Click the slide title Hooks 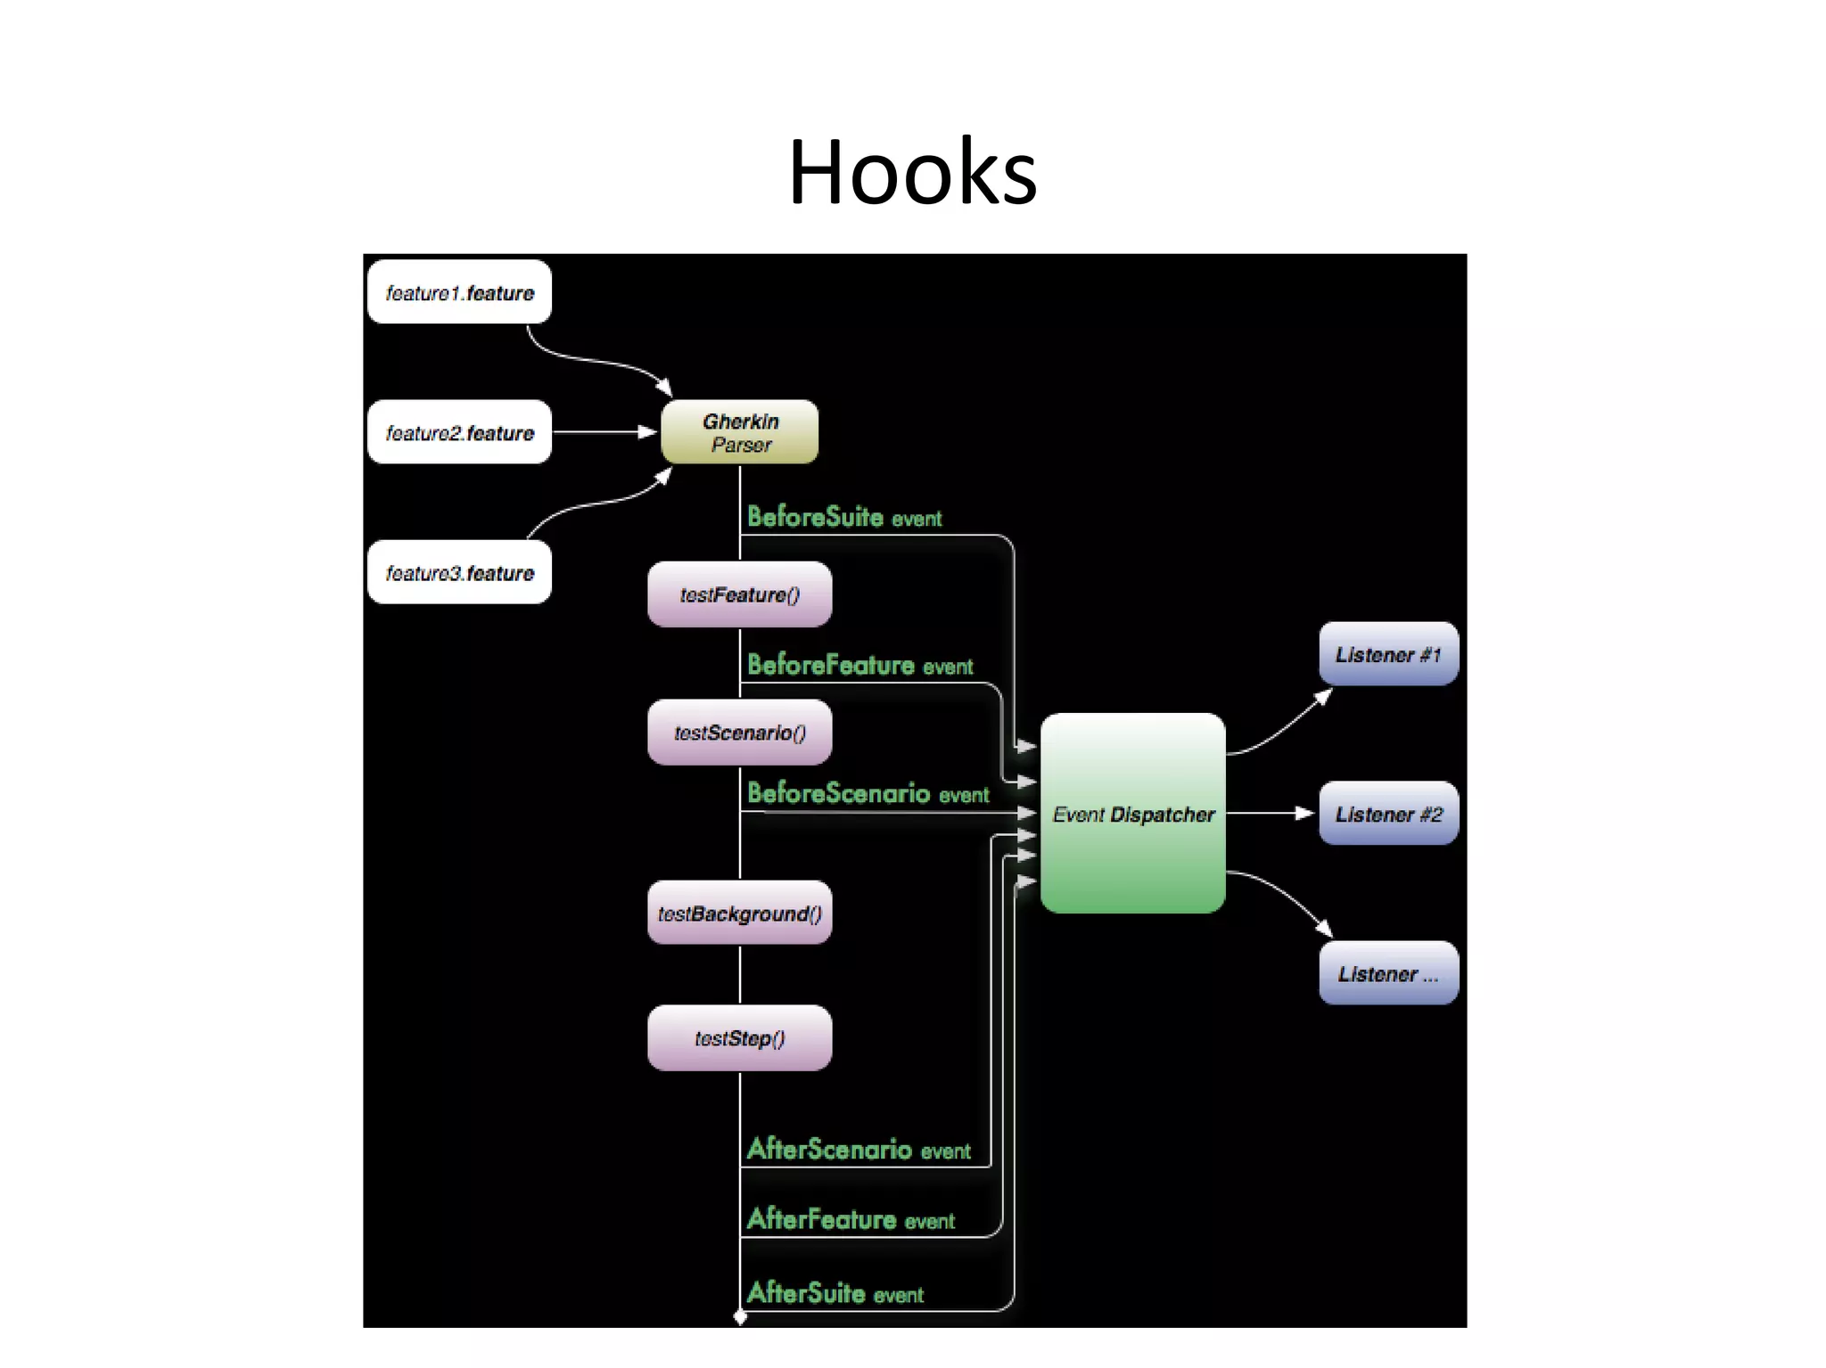(x=912, y=172)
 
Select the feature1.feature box (x=459, y=292)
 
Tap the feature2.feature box (x=459, y=432)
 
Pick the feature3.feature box (x=459, y=572)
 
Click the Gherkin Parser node (x=740, y=432)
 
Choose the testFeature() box (x=740, y=594)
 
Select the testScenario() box (x=740, y=733)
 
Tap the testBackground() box (x=740, y=913)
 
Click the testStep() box (x=740, y=1038)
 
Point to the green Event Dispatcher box (x=1132, y=813)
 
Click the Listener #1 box (x=1388, y=654)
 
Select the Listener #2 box (x=1388, y=814)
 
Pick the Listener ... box (x=1388, y=973)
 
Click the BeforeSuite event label (x=843, y=517)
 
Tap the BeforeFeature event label (x=860, y=665)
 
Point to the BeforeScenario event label (x=868, y=793)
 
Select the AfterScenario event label (x=859, y=1149)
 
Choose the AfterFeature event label (x=851, y=1218)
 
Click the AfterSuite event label (x=835, y=1292)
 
